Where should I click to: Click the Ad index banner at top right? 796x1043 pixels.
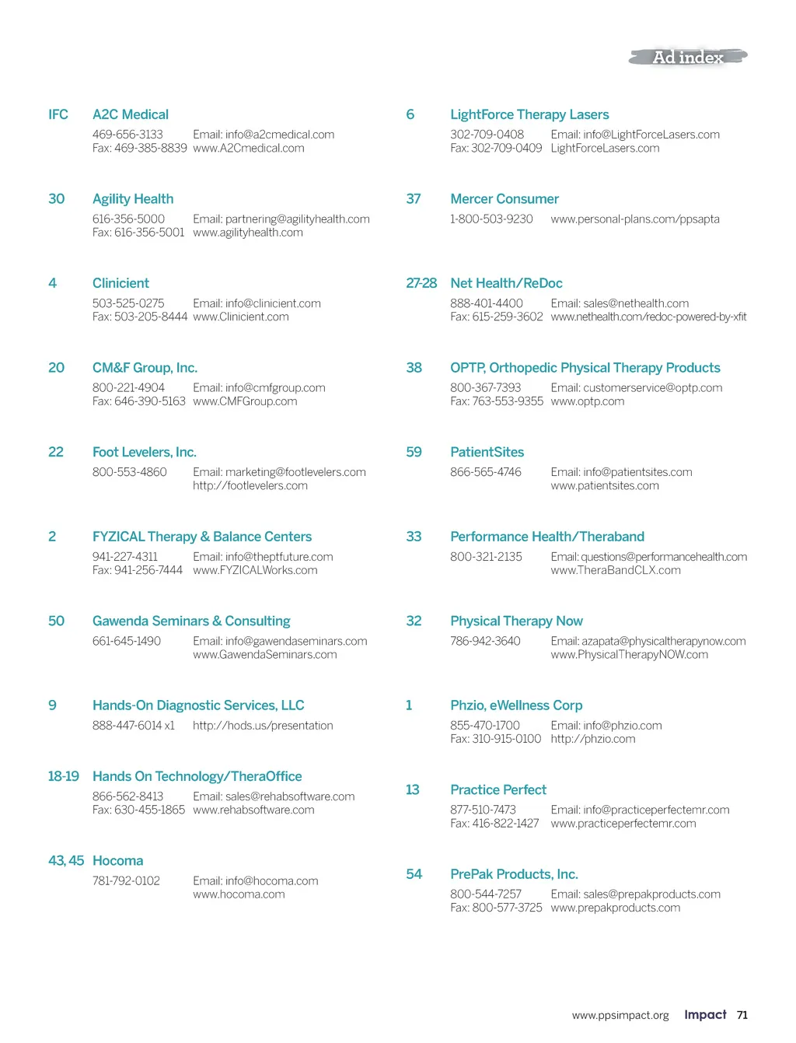(688, 57)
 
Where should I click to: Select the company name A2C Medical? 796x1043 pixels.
(131, 114)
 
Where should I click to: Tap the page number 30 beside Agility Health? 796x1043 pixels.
(57, 199)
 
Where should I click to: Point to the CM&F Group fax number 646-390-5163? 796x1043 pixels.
(150, 401)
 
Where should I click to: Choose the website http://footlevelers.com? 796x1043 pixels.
(250, 485)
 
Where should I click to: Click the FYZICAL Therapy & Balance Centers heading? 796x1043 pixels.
(202, 537)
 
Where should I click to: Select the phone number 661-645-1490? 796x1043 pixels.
(127, 641)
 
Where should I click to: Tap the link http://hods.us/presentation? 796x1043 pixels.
(263, 726)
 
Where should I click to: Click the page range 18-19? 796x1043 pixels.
(64, 776)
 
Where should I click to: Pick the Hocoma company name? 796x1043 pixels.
(118, 861)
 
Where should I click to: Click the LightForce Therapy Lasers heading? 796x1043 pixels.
(529, 114)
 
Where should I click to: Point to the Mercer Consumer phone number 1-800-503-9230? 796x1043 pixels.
(491, 219)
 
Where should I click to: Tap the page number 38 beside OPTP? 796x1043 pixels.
(414, 368)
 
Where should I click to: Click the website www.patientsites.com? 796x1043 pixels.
(605, 485)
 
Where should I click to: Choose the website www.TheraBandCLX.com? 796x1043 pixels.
(616, 570)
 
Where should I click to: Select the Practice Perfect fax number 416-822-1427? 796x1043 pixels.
(505, 824)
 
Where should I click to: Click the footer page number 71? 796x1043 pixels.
(742, 1015)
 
